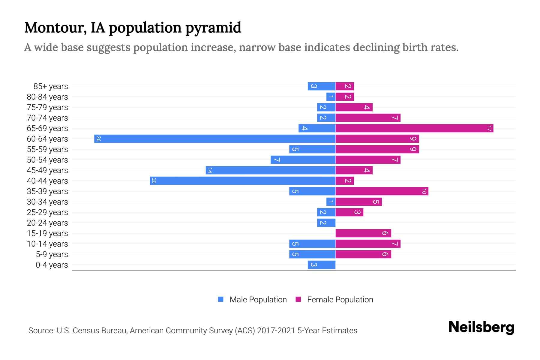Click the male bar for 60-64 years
[215, 139]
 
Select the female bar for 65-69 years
[414, 128]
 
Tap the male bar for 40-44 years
[243, 181]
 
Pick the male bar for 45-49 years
[271, 170]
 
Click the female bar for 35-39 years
[382, 191]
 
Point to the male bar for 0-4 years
[322, 265]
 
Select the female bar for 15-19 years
[363, 233]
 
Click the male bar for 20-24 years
[326, 223]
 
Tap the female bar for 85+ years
[345, 86]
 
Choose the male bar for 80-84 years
[331, 97]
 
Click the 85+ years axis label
[51, 86]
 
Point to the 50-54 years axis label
[47, 160]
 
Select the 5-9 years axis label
[52, 254]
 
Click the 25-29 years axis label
[47, 212]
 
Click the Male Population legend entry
[258, 299]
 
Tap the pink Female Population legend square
[298, 299]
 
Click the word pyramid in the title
[213, 28]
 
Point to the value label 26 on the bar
[98, 139]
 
